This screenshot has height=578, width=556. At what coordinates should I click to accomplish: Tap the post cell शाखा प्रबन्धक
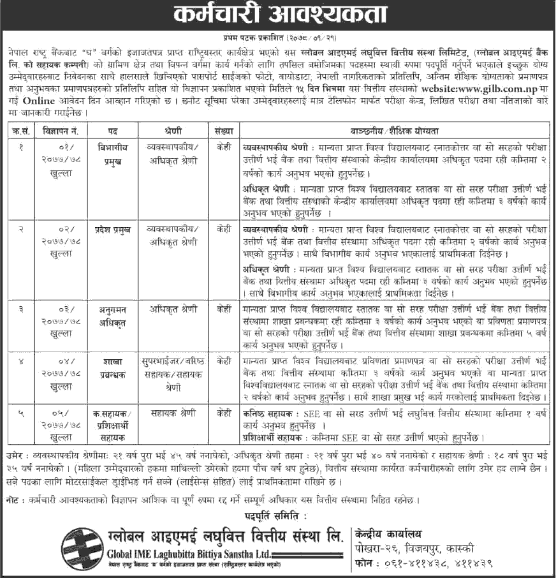point(112,367)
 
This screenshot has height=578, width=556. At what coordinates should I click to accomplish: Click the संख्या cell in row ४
point(223,361)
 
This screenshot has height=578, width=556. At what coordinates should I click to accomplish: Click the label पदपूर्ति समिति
point(278,514)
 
